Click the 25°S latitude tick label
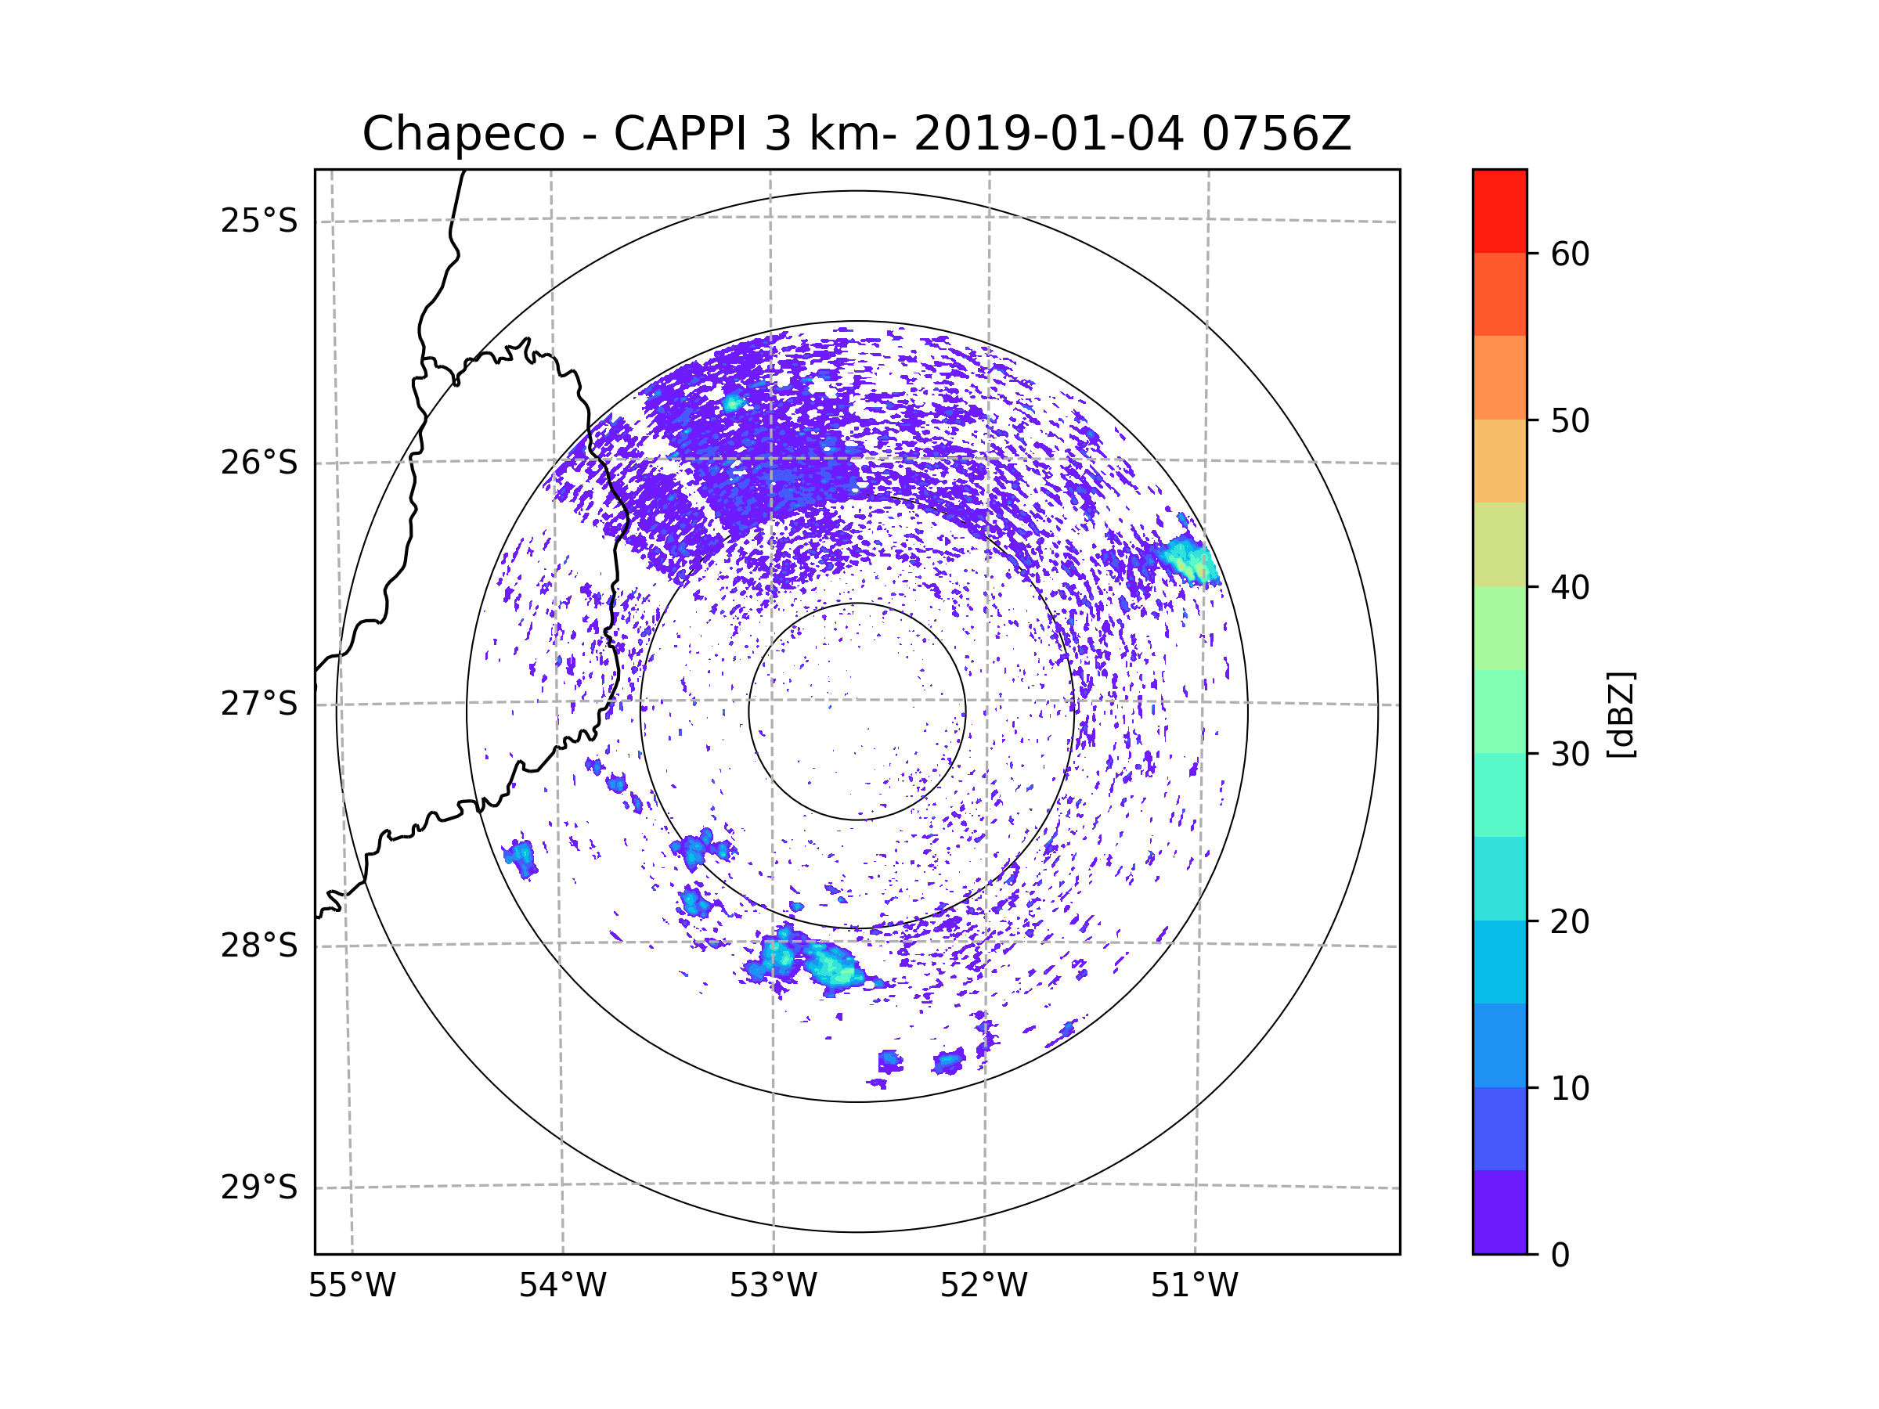pos(259,221)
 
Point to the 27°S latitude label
pos(259,704)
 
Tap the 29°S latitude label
pos(259,1187)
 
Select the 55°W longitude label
pos(352,1286)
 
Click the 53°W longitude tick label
pos(773,1286)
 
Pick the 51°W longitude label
pos(1194,1286)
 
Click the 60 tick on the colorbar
pos(1570,254)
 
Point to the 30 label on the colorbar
pos(1570,754)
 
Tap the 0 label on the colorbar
pos(1560,1256)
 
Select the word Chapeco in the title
pos(463,134)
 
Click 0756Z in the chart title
pos(1276,134)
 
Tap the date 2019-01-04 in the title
pos(1048,134)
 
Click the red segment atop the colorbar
pos(1499,211)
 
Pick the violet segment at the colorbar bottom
pos(1499,1211)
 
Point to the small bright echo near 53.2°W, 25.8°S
pos(732,402)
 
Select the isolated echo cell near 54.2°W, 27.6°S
pos(521,856)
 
